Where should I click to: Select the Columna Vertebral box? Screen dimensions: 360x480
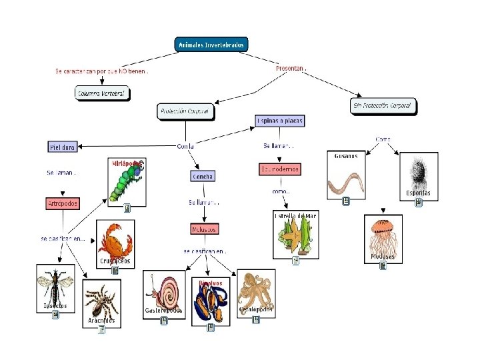point(101,94)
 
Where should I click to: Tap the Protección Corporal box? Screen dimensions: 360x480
point(186,111)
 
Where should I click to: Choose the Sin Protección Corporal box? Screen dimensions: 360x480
point(383,105)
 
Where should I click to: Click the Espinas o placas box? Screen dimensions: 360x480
point(280,121)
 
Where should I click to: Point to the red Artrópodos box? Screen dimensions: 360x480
point(63,203)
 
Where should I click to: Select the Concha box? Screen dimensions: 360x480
point(203,177)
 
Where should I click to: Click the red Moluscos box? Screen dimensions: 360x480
point(205,229)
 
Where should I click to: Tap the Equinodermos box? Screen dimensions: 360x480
point(279,169)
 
